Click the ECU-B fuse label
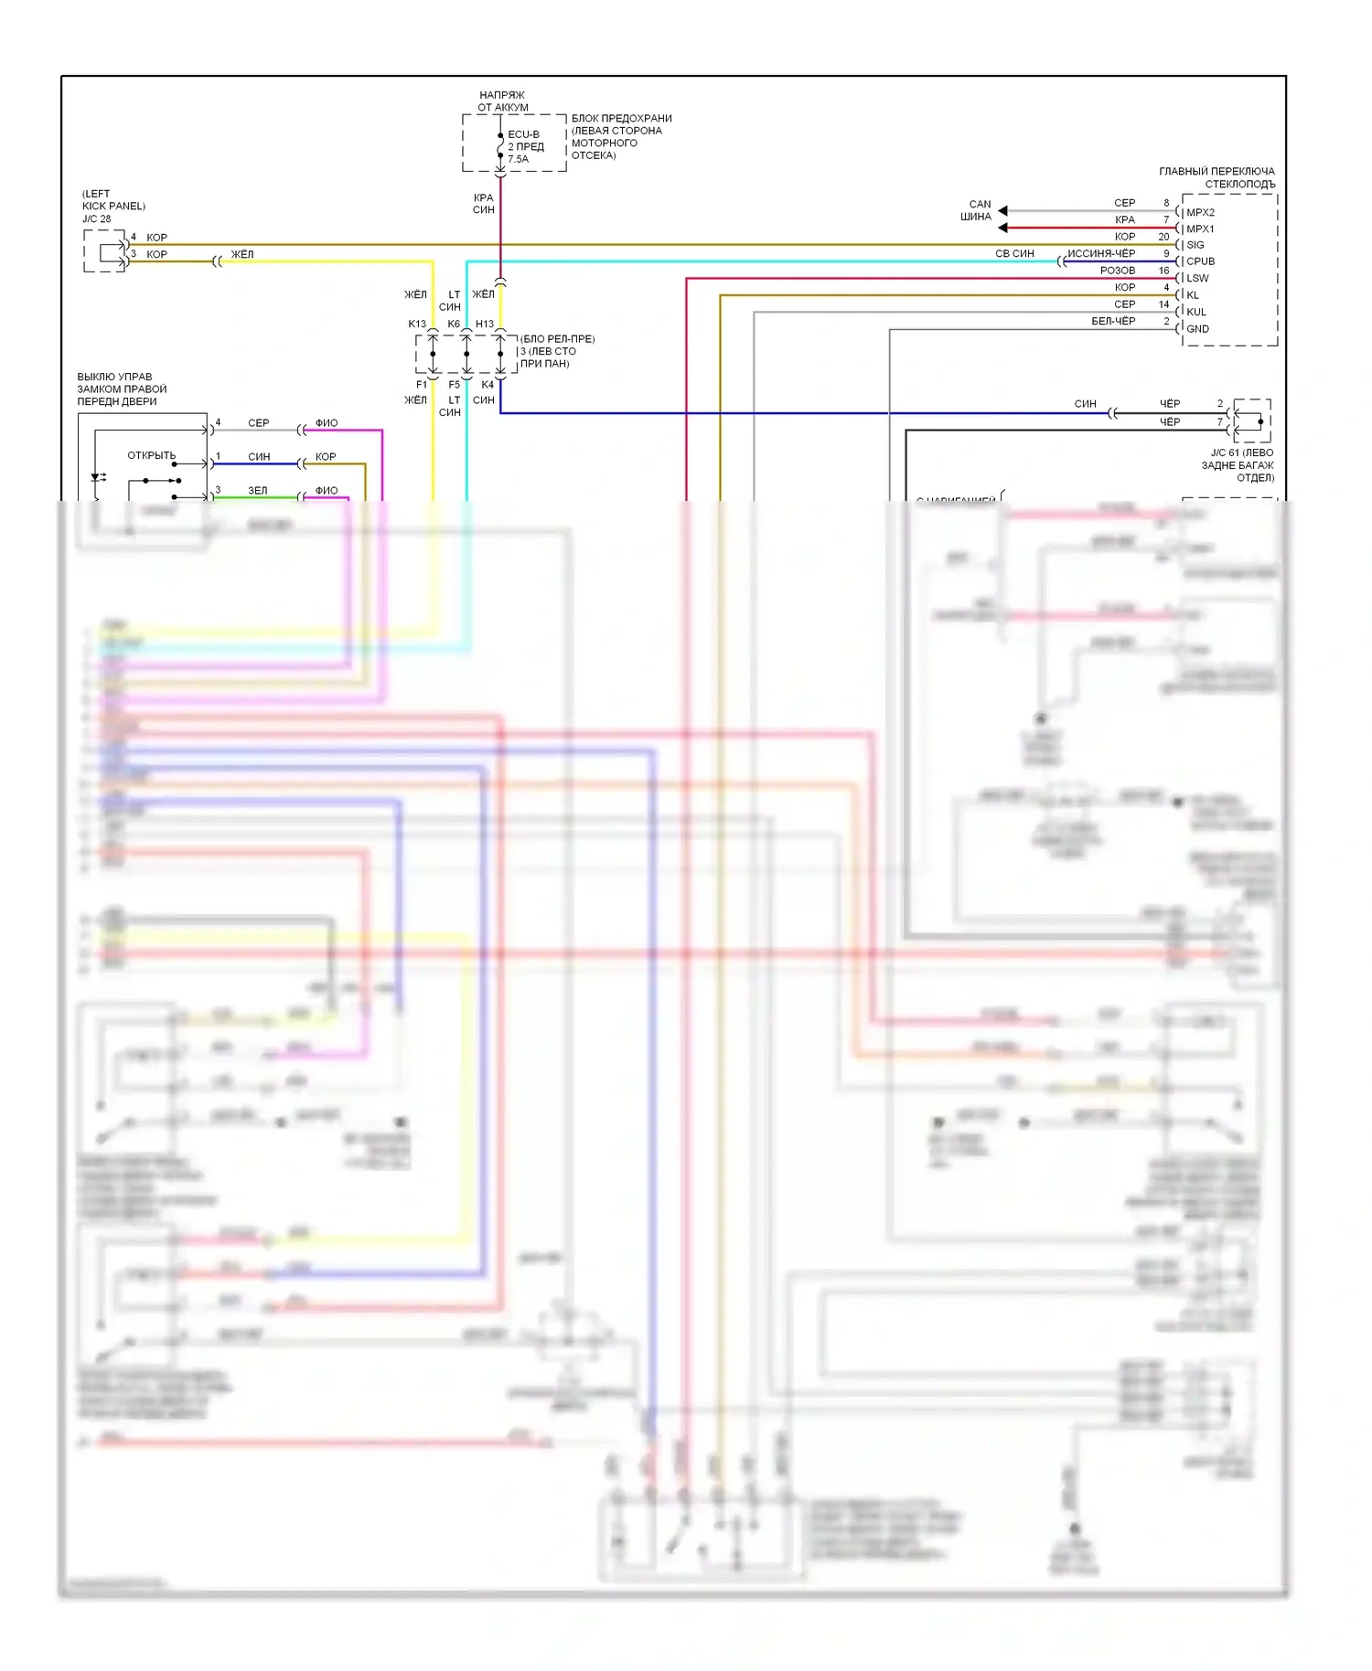tap(523, 134)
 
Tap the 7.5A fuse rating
tap(518, 159)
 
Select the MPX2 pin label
tap(1200, 212)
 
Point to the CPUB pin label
tap(1200, 261)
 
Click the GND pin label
tap(1197, 329)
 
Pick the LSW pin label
tap(1197, 278)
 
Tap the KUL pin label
tap(1195, 312)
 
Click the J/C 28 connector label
tap(96, 219)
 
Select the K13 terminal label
tap(417, 324)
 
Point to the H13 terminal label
tap(485, 324)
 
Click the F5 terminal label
tap(455, 385)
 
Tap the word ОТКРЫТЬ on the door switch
tap(151, 455)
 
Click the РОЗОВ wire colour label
tap(1117, 271)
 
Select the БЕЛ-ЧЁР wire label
tap(1112, 321)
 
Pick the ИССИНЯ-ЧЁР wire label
tap(1100, 253)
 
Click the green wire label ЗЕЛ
tap(258, 491)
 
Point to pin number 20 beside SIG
tap(1163, 237)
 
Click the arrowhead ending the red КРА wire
tap(1002, 228)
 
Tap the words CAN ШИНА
tap(977, 210)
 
